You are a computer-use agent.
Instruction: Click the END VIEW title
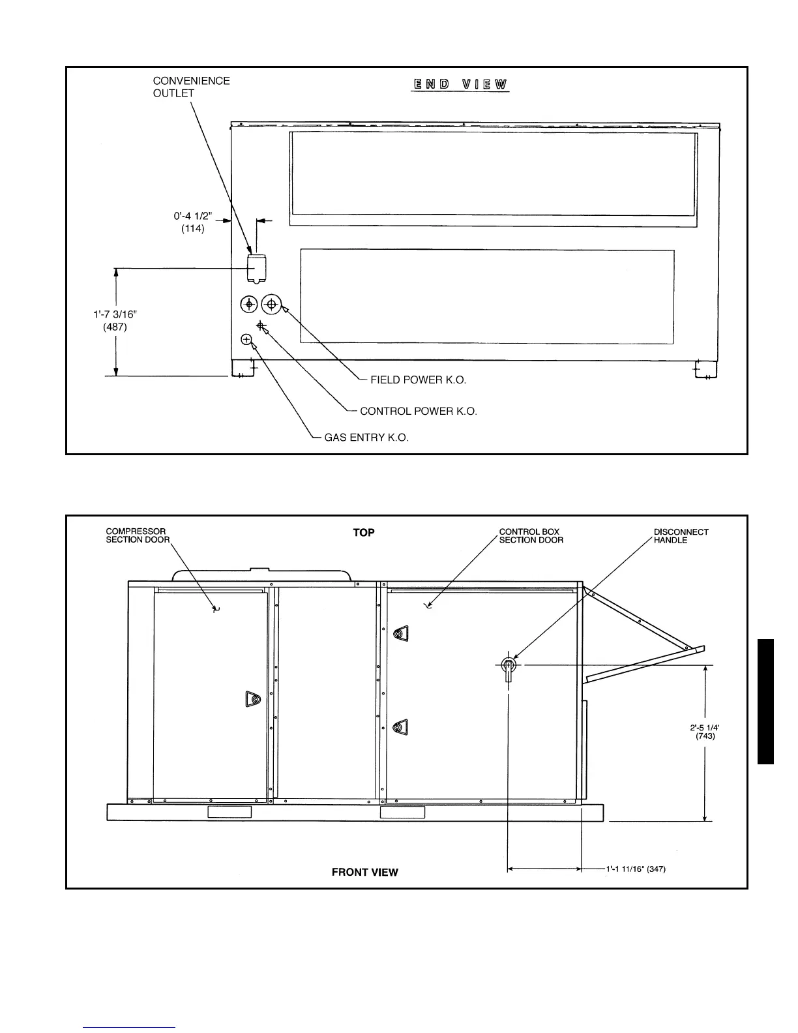pyautogui.click(x=460, y=84)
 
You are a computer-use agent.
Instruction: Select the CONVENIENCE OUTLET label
pyautogui.click(x=191, y=87)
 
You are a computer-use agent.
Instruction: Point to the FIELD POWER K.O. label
pyautogui.click(x=418, y=380)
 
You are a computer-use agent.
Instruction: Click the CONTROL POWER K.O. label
pyautogui.click(x=418, y=412)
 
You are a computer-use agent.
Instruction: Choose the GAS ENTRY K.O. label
pyautogui.click(x=366, y=438)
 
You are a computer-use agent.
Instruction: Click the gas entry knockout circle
pyautogui.click(x=246, y=339)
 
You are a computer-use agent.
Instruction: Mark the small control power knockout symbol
pyautogui.click(x=261, y=325)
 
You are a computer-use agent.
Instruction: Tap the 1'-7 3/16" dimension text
pyautogui.click(x=115, y=314)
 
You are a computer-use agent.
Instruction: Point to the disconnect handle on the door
pyautogui.click(x=509, y=668)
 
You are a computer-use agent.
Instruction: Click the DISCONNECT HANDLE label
pyautogui.click(x=681, y=535)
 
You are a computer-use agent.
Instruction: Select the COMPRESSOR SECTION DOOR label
pyautogui.click(x=138, y=535)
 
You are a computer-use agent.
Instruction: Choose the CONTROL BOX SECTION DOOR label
pyautogui.click(x=531, y=535)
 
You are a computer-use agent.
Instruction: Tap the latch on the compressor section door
pyautogui.click(x=252, y=699)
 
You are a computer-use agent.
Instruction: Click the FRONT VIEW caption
pyautogui.click(x=364, y=872)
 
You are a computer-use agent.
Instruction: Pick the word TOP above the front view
pyautogui.click(x=364, y=533)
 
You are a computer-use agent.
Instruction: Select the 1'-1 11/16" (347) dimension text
pyautogui.click(x=636, y=869)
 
